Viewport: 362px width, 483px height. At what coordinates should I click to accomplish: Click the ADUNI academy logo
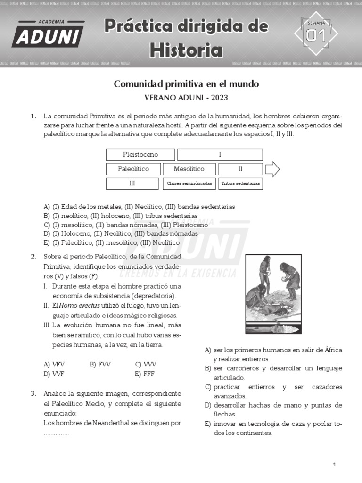(x=48, y=34)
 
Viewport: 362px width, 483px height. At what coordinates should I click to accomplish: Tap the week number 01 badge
(x=316, y=33)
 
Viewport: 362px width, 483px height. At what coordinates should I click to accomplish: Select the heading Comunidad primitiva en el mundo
(x=186, y=84)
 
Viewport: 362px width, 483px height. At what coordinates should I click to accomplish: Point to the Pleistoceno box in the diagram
(x=140, y=155)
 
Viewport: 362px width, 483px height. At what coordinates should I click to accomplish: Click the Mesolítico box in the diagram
(x=189, y=169)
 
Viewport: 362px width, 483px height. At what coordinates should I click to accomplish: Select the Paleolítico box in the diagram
(x=133, y=169)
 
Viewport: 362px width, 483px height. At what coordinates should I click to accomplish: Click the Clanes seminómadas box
(x=189, y=183)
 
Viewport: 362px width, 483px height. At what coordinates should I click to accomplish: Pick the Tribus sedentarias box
(x=240, y=183)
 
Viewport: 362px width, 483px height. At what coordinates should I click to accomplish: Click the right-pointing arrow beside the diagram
(x=272, y=169)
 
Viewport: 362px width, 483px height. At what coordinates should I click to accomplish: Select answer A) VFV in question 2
(x=54, y=364)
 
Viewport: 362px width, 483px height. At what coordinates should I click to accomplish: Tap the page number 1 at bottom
(x=334, y=465)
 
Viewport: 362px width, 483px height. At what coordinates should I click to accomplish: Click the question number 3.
(x=33, y=393)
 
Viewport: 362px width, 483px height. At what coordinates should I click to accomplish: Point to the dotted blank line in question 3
(x=56, y=433)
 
